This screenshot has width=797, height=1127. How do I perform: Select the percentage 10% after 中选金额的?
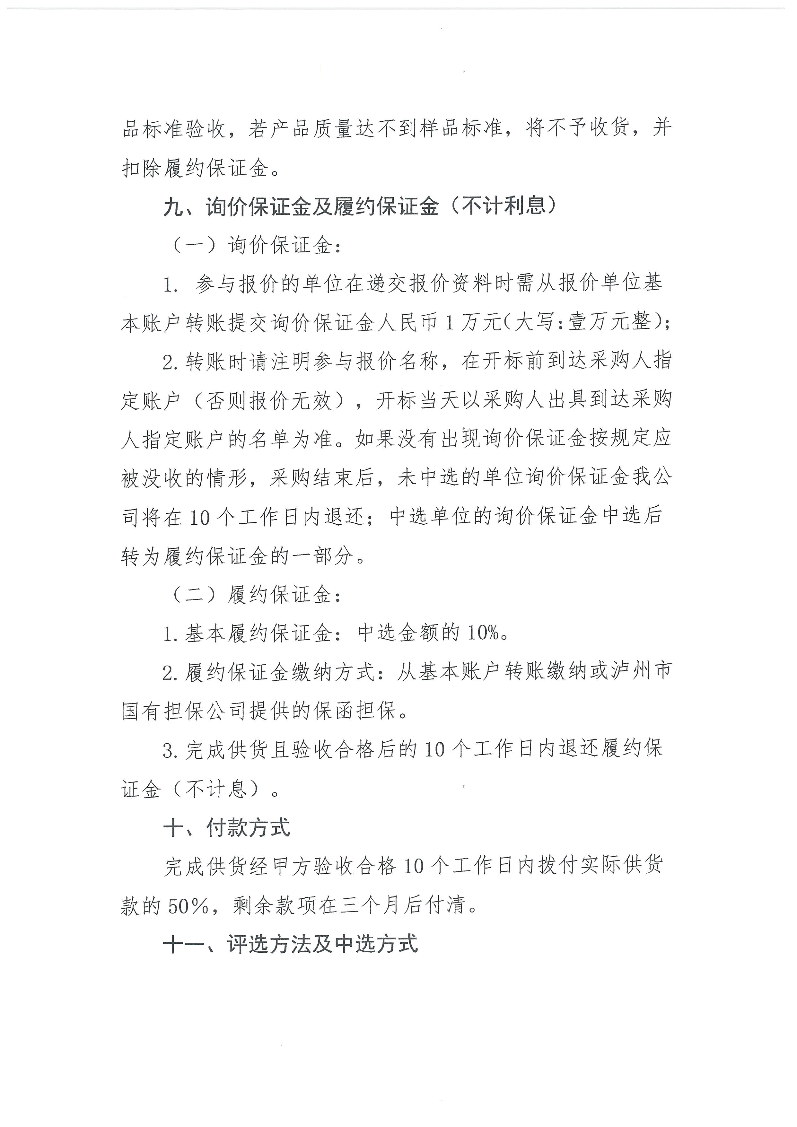tap(483, 634)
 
